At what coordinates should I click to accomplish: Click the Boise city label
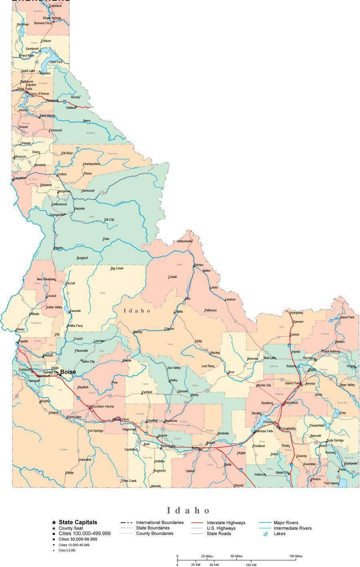[x=68, y=372]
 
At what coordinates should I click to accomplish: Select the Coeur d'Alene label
[x=38, y=94]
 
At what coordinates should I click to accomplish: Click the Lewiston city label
[x=20, y=178]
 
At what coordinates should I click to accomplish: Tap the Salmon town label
[x=198, y=265]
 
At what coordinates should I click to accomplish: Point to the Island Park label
[x=347, y=317]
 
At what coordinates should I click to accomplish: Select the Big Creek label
[x=117, y=268]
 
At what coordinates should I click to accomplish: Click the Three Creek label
[x=128, y=481]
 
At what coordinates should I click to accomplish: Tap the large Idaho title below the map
[x=188, y=510]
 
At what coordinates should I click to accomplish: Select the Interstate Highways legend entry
[x=226, y=523]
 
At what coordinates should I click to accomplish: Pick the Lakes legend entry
[x=279, y=534]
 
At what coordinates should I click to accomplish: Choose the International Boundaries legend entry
[x=160, y=522]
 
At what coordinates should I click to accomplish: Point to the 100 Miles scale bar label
[x=296, y=556]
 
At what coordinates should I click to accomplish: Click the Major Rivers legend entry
[x=286, y=523]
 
